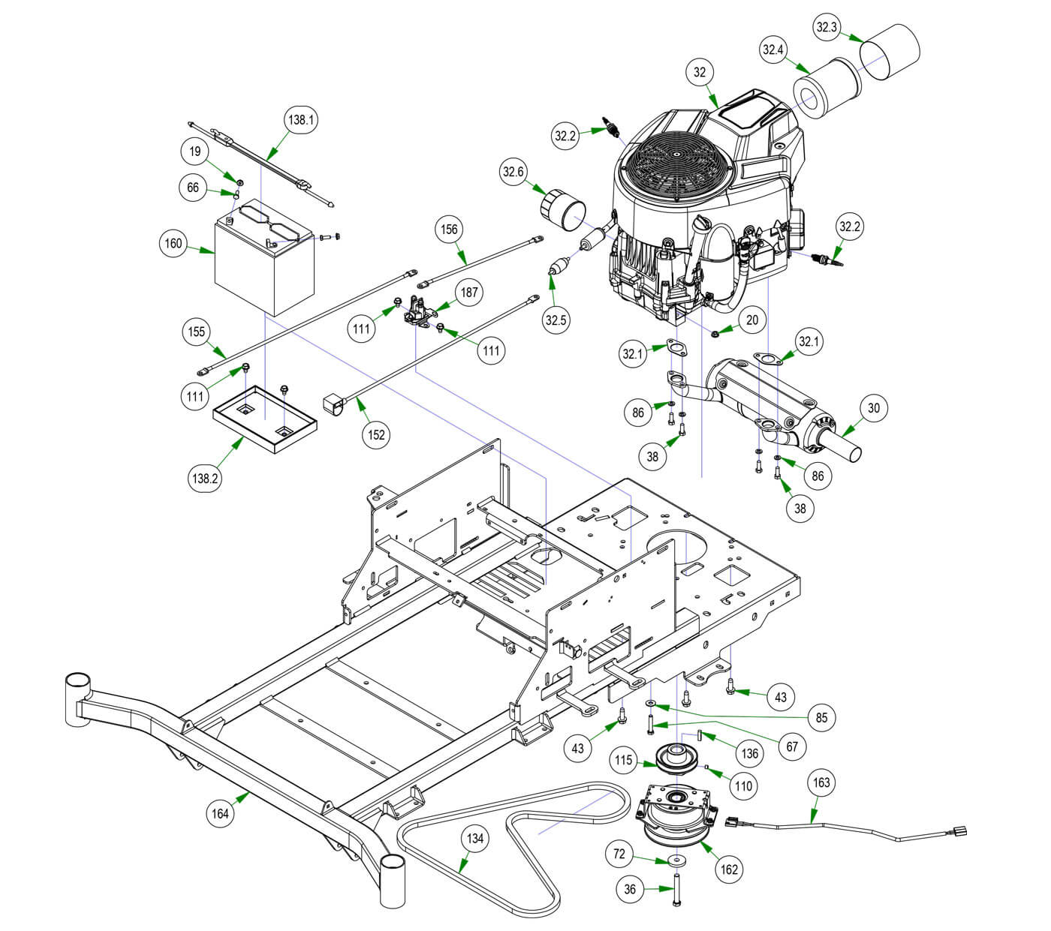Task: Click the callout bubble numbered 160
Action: point(173,243)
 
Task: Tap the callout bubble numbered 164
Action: point(221,812)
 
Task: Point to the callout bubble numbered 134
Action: point(475,839)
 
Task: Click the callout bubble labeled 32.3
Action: point(827,28)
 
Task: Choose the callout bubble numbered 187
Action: point(469,293)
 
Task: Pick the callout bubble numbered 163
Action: point(822,782)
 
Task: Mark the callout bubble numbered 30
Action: point(873,408)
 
